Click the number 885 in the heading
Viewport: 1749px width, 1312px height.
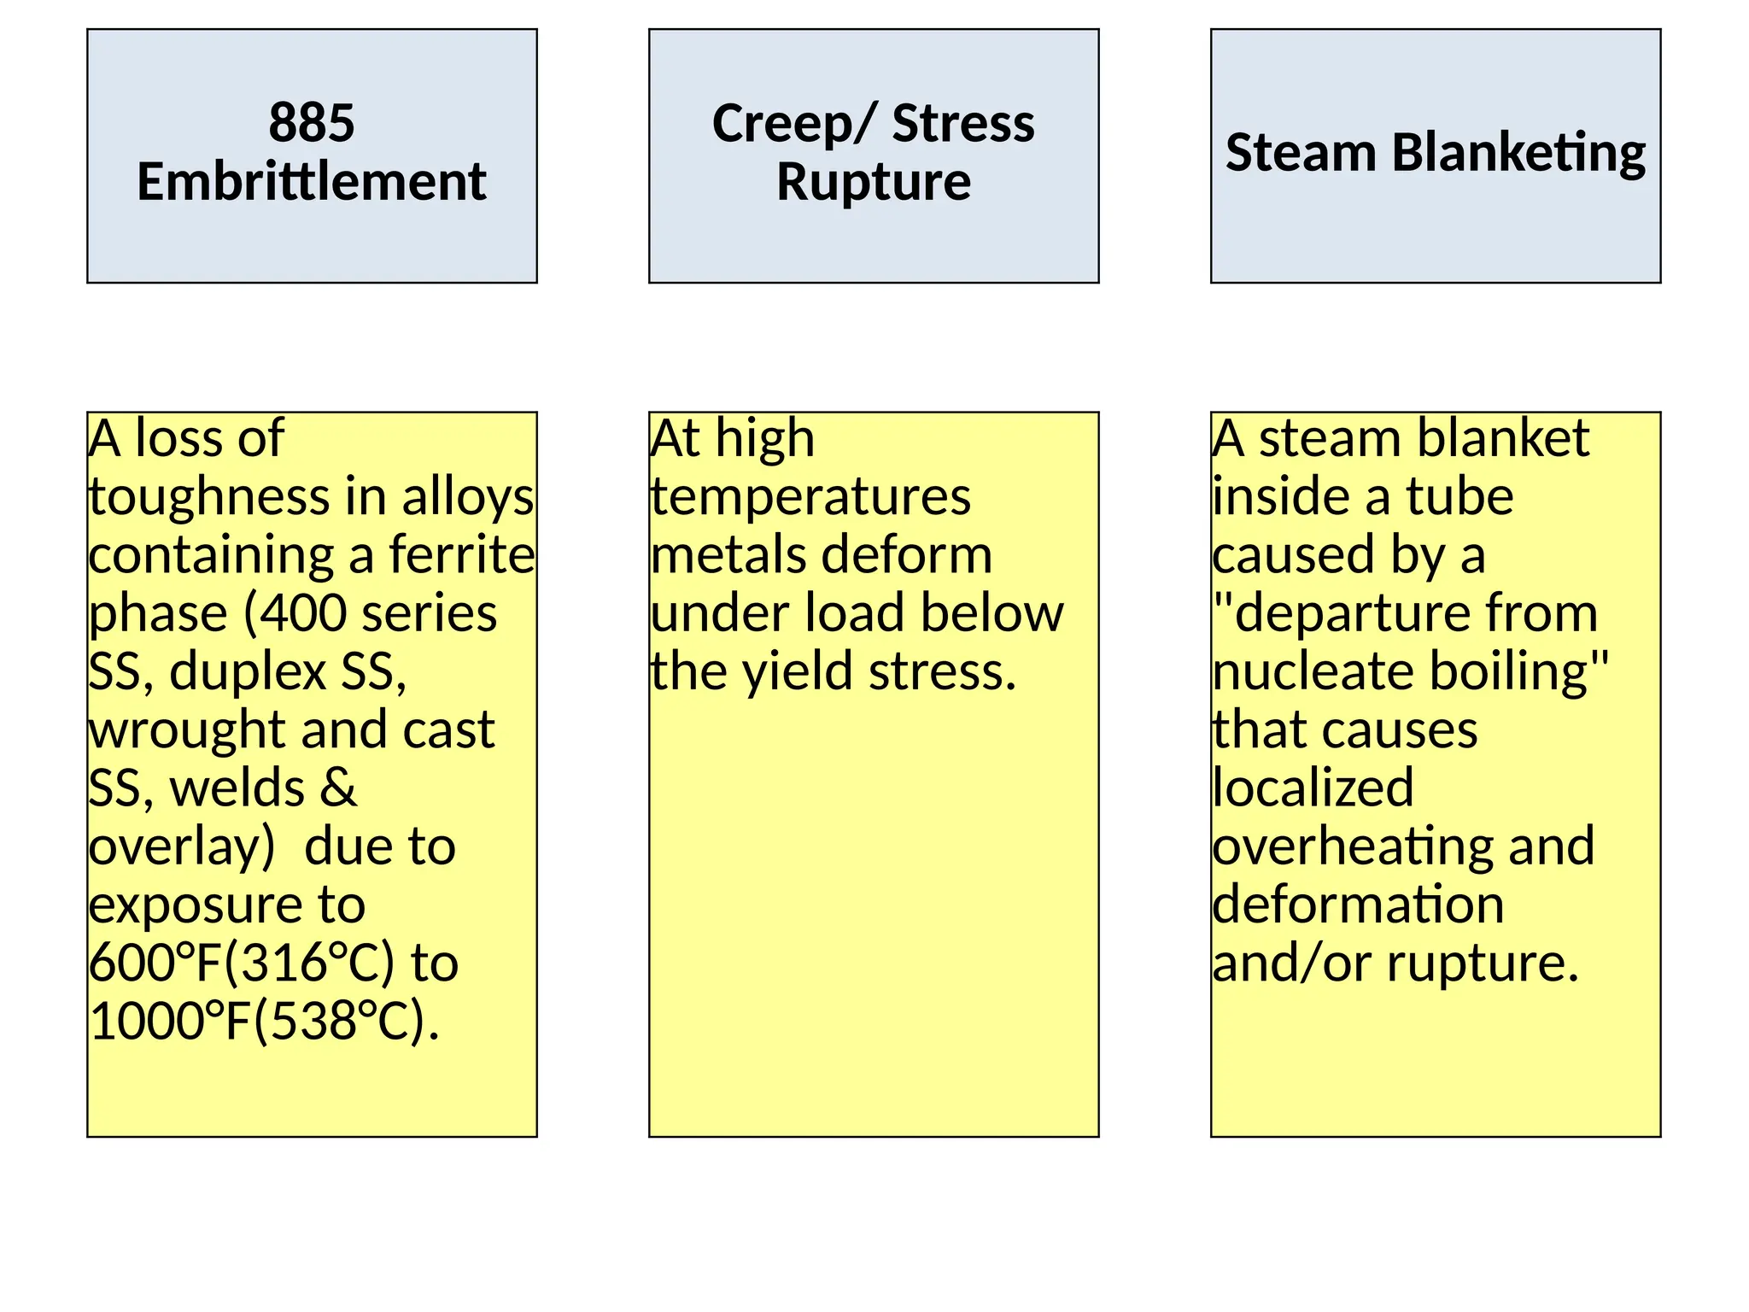(x=311, y=122)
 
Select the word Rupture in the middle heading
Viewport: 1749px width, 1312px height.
(x=873, y=182)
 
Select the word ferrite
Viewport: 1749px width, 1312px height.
(x=461, y=555)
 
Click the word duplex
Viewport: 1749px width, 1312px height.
(x=248, y=672)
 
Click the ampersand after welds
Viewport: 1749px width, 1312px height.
(x=338, y=788)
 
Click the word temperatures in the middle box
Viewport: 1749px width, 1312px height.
(x=810, y=498)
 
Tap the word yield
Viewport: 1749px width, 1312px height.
(x=798, y=672)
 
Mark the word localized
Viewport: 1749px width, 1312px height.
(x=1313, y=788)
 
